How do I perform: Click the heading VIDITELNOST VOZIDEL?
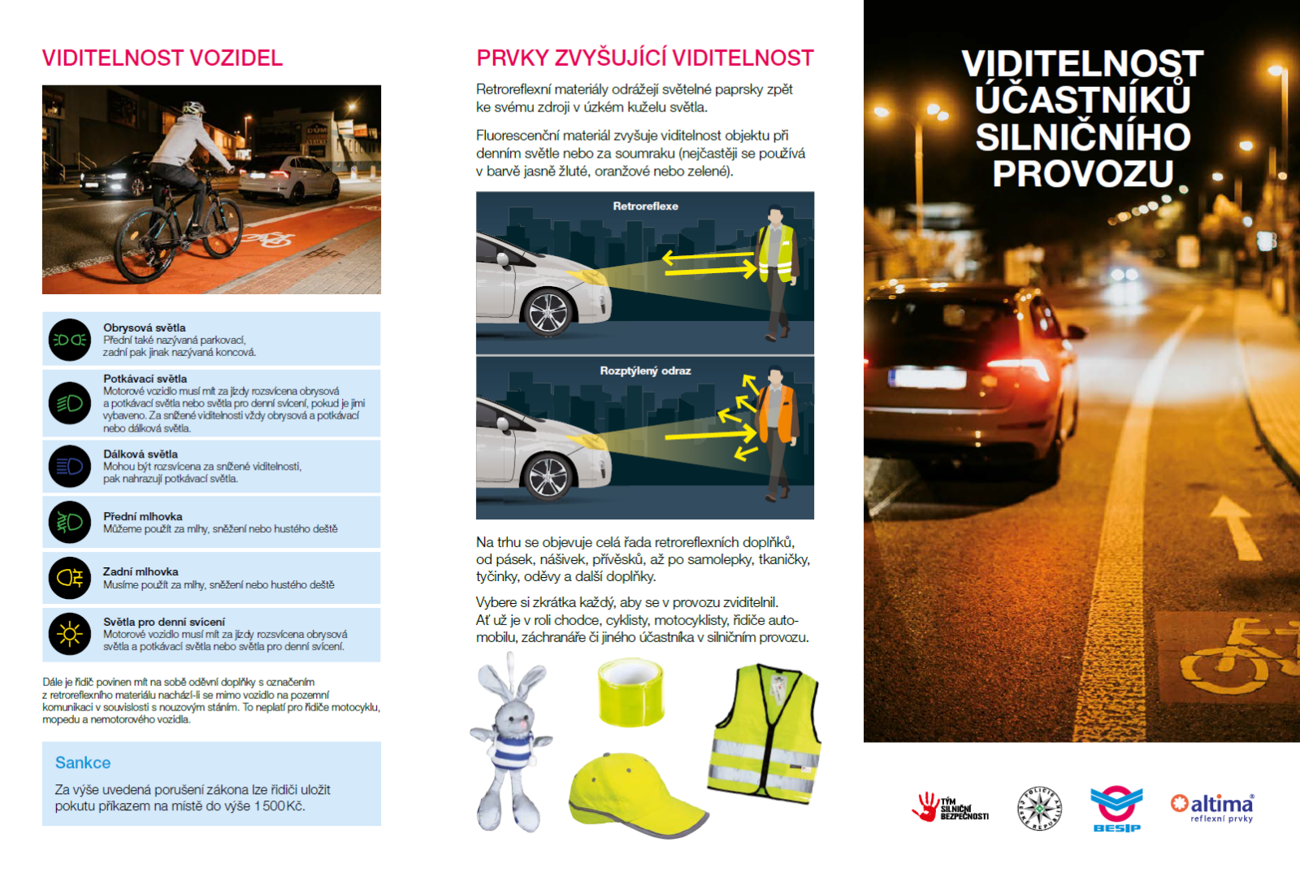click(x=162, y=59)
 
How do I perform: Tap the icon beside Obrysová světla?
click(x=70, y=340)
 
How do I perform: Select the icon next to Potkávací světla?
click(x=70, y=403)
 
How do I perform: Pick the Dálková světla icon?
click(x=70, y=467)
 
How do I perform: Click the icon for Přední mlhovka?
click(x=70, y=522)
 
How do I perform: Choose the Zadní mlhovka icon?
click(x=70, y=578)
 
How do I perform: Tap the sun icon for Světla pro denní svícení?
click(x=70, y=634)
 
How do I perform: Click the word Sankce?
click(x=83, y=763)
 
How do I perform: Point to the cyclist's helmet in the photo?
click(x=193, y=108)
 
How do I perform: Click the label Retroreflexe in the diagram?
click(x=645, y=206)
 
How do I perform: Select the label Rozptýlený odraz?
click(x=645, y=371)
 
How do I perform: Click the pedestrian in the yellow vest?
click(x=776, y=272)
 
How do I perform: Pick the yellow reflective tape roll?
click(x=630, y=692)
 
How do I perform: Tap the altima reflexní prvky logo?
click(x=1212, y=808)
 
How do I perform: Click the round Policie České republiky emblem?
click(x=1040, y=809)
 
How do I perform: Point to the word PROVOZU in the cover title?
click(x=1083, y=174)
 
